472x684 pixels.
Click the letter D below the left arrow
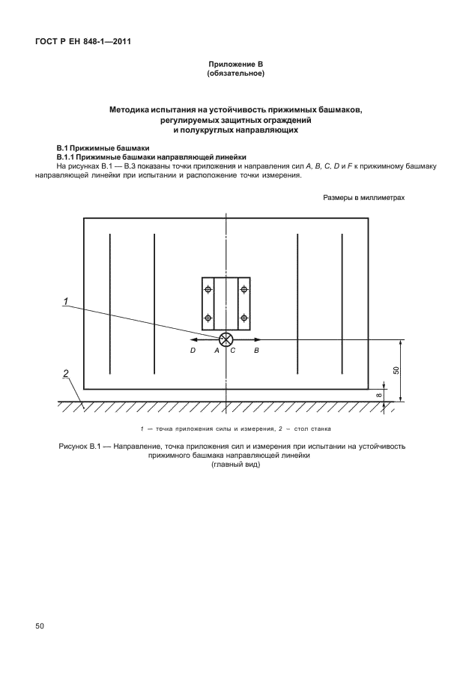pyautogui.click(x=193, y=350)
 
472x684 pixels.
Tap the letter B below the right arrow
pyautogui.click(x=256, y=350)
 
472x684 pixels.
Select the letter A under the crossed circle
pyautogui.click(x=217, y=350)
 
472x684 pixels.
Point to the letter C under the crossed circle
pyautogui.click(x=232, y=350)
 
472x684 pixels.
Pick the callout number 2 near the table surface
pyautogui.click(x=66, y=373)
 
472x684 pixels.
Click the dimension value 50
pyautogui.click(x=396, y=370)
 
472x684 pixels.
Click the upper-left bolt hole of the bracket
pyautogui.click(x=208, y=289)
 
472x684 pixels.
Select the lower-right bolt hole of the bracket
pyautogui.click(x=243, y=318)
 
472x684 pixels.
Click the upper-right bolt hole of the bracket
pyautogui.click(x=243, y=289)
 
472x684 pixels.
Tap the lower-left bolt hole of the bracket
pyautogui.click(x=208, y=318)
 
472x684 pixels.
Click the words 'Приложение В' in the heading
pyautogui.click(x=235, y=66)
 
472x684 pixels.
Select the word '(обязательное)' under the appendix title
pyautogui.click(x=235, y=75)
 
